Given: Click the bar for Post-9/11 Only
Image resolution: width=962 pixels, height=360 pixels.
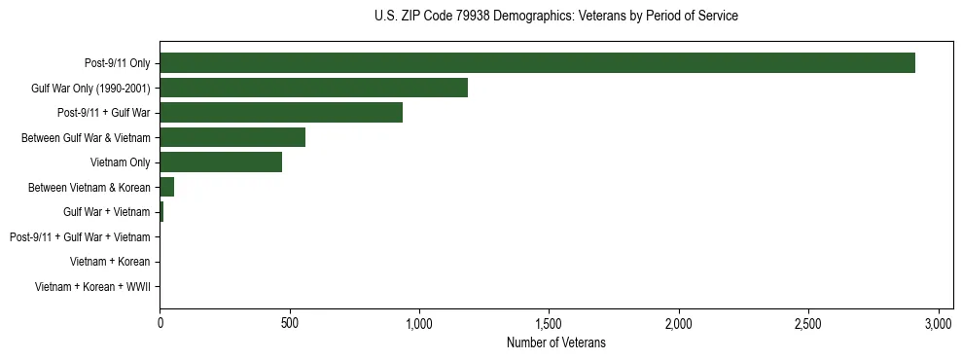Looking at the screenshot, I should (x=537, y=63).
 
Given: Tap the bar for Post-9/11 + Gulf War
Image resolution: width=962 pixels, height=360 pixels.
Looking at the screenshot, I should (x=281, y=113).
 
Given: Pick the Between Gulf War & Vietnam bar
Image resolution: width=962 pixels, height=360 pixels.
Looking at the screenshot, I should (x=232, y=137).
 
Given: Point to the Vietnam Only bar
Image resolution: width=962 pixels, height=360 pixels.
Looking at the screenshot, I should (x=221, y=162).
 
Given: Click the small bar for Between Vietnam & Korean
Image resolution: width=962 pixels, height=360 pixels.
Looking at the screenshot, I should (x=167, y=187).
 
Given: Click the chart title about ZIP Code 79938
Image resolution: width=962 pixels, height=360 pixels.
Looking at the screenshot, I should (x=555, y=16).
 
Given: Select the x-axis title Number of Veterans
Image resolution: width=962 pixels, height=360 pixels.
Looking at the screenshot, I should (x=555, y=342).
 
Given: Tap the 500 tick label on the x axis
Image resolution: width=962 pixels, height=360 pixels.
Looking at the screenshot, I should (x=289, y=323).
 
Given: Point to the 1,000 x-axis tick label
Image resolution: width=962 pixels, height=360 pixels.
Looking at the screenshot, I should (x=419, y=323).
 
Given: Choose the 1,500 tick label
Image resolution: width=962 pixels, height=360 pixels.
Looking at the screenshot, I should (x=549, y=323).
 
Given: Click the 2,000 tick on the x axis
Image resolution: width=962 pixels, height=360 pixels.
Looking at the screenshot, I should (x=679, y=323).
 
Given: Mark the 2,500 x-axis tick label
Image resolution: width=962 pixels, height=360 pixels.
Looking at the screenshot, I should (x=808, y=323).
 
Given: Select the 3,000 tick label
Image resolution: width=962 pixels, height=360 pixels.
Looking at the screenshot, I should (x=939, y=323).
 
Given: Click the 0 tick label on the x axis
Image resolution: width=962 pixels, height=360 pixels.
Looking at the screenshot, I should (x=160, y=323).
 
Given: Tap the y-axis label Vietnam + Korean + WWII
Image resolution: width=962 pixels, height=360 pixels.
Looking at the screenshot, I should (x=92, y=287).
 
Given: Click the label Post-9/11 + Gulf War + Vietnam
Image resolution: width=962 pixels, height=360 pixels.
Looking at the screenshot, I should (x=80, y=237).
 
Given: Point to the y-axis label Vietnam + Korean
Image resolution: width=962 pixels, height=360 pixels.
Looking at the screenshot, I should (x=110, y=262).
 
